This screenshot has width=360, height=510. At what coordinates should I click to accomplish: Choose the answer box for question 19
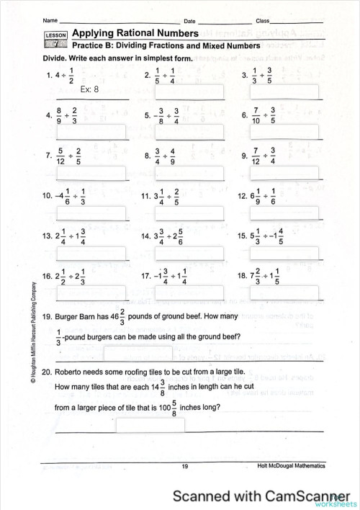pyautogui.click(x=138, y=354)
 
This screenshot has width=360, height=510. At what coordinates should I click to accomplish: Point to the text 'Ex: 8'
pyautogui.click(x=90, y=91)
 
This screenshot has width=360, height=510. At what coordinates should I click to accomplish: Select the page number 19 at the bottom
pyautogui.click(x=185, y=467)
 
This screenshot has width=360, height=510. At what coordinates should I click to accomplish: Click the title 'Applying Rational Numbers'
pyautogui.click(x=135, y=33)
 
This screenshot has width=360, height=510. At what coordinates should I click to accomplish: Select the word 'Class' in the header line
pyautogui.click(x=263, y=20)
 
